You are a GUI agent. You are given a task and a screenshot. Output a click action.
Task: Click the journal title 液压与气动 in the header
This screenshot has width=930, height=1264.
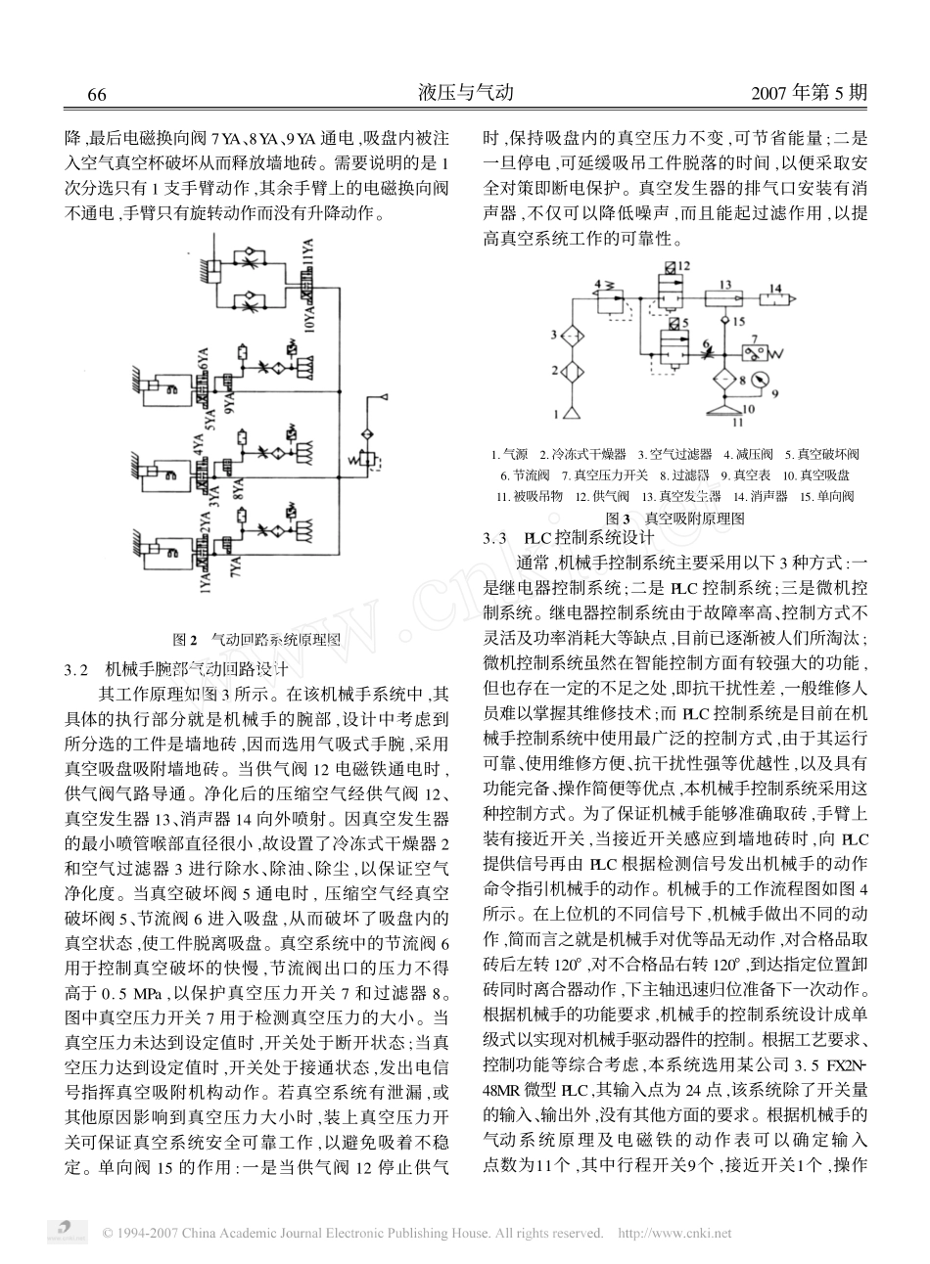click(x=466, y=94)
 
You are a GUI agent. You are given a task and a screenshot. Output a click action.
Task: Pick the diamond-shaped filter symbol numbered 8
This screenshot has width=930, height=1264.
click(x=725, y=379)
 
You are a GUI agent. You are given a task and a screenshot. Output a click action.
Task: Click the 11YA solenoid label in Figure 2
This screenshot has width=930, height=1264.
click(x=310, y=260)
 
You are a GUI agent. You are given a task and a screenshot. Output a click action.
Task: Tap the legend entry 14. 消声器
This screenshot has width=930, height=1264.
click(x=760, y=496)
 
